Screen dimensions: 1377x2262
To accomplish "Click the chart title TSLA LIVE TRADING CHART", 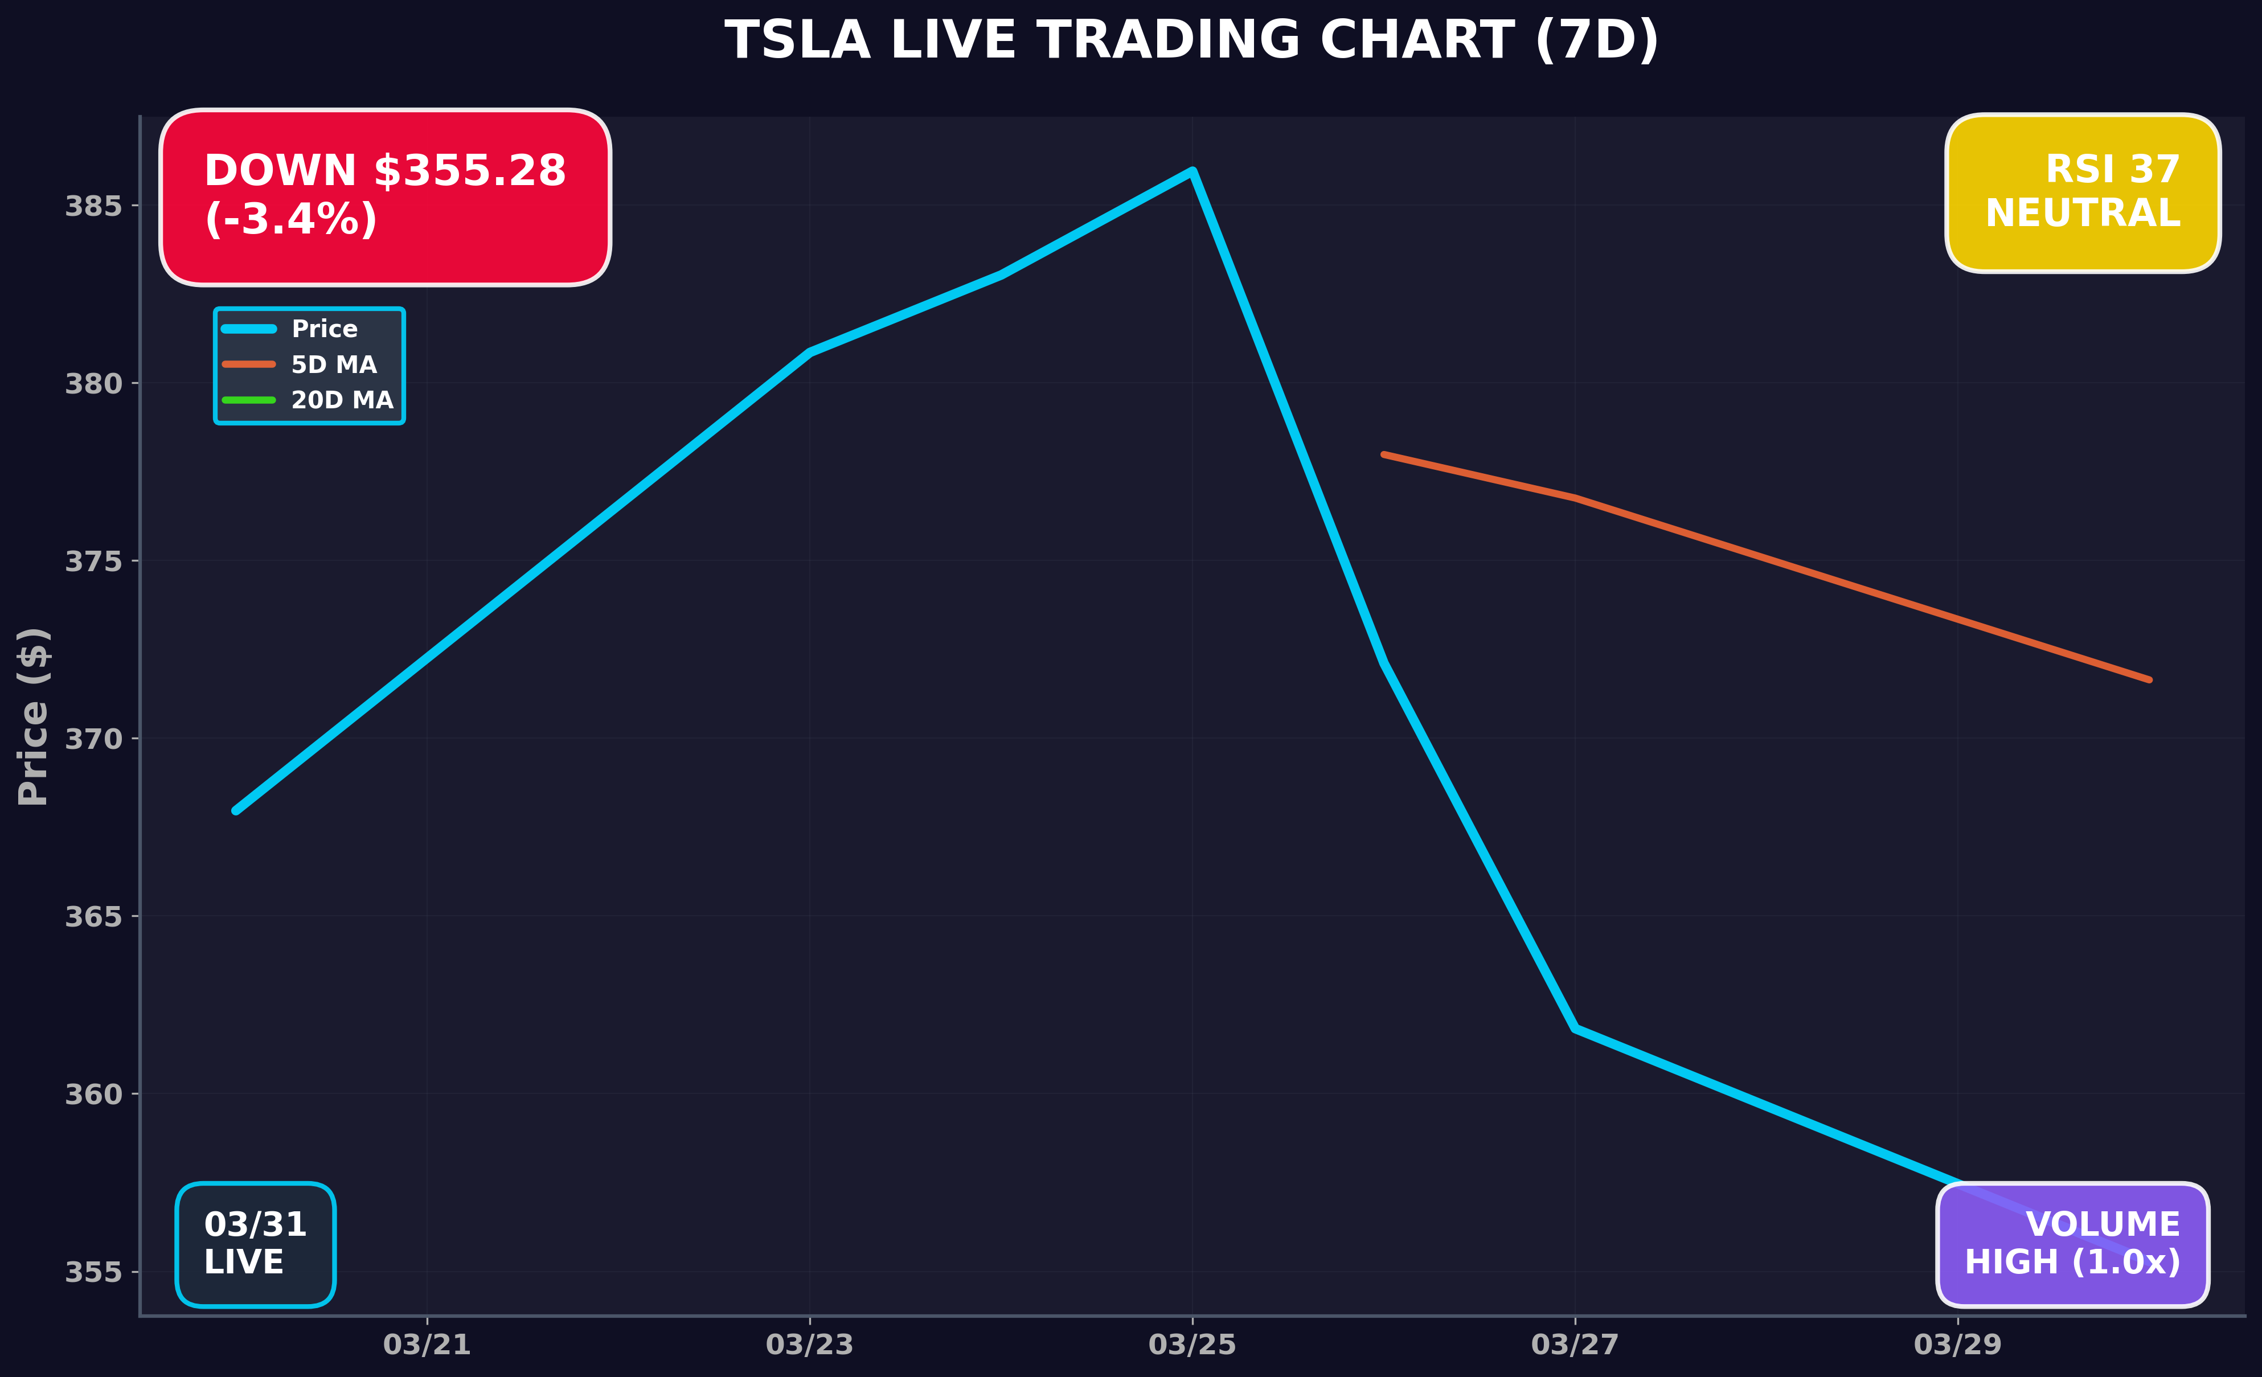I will tap(1191, 42).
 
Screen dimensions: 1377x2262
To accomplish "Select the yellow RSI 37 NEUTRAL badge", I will tap(2082, 193).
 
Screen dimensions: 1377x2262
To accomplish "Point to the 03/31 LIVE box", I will tap(255, 1244).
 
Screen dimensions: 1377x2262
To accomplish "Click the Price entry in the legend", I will tap(323, 329).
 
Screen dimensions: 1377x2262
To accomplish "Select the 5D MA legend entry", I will tap(333, 364).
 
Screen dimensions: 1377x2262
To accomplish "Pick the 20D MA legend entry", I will tap(342, 400).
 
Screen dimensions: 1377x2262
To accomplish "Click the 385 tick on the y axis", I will tap(93, 206).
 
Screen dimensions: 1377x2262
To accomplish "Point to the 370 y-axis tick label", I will tap(93, 739).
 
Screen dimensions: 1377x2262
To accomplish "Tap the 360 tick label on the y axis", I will tap(93, 1095).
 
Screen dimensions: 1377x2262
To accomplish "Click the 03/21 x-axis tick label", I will tap(427, 1345).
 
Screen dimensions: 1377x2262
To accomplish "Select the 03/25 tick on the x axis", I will tap(1191, 1345).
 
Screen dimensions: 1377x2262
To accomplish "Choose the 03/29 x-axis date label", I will tap(1957, 1345).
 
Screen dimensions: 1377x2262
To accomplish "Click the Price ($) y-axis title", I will tap(33, 716).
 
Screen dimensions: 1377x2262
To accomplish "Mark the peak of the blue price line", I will tap(1191, 171).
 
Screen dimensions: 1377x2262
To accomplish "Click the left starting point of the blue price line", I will tap(236, 810).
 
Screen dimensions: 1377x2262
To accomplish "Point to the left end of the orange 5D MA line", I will tap(1383, 454).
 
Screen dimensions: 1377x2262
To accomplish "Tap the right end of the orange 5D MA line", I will tap(2149, 680).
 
